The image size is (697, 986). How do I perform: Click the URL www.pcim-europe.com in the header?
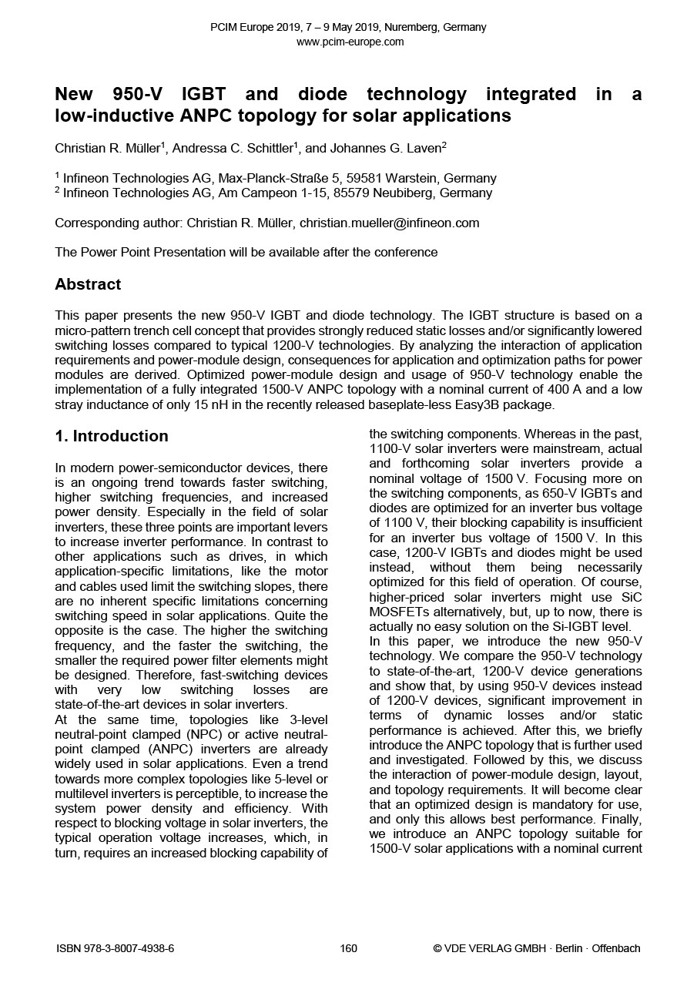tap(349, 42)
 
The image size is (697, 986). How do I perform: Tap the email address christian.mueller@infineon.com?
tap(389, 223)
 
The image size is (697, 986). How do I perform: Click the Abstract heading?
tap(88, 284)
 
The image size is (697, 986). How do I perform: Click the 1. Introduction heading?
tap(112, 436)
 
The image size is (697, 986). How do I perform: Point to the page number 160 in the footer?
tap(348, 948)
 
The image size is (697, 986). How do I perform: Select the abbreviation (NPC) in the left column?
tap(176, 734)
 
